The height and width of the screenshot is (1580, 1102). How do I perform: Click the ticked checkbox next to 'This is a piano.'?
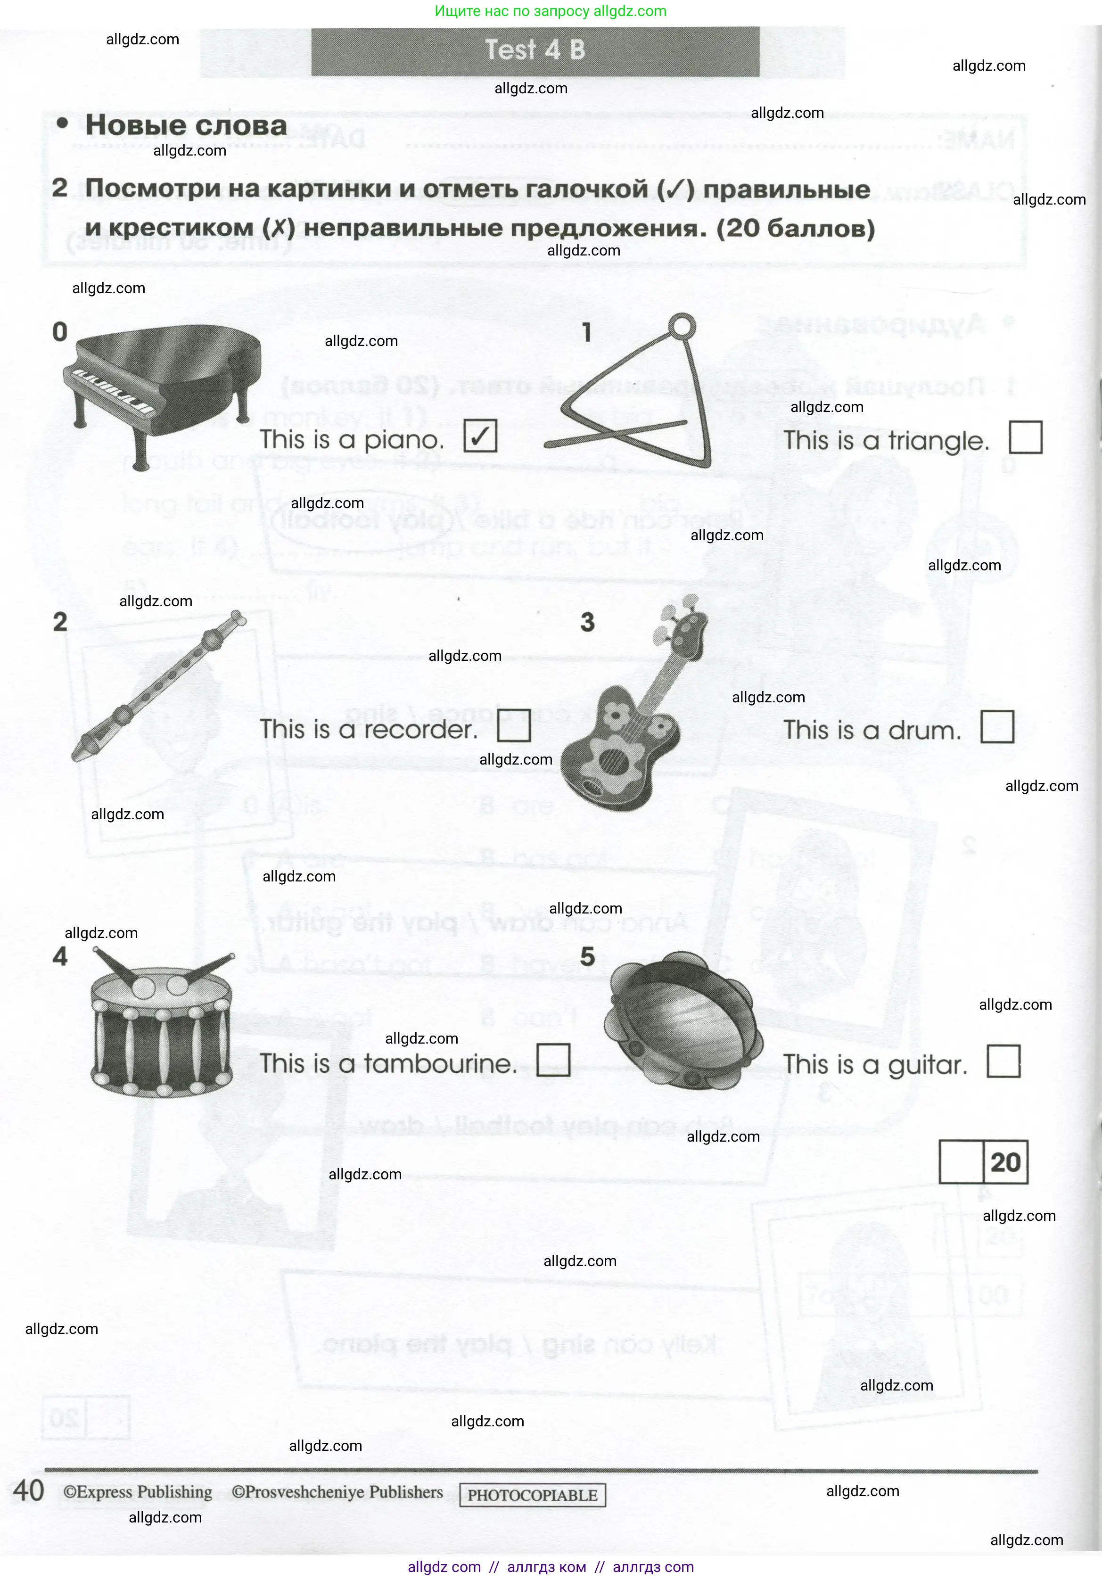coord(480,436)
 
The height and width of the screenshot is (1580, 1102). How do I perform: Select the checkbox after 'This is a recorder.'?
coord(513,726)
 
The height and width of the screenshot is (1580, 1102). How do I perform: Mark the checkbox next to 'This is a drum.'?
coord(997,727)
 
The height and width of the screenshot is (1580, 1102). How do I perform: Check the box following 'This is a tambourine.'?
coord(553,1061)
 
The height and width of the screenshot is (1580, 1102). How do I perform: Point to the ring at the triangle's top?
coord(682,326)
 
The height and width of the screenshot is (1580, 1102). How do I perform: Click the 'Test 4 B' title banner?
coord(535,50)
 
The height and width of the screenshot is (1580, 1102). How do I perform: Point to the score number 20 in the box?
coord(1005,1162)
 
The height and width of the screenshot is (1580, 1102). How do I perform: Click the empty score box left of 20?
coord(961,1162)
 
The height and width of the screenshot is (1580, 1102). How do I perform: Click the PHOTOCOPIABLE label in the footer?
coord(532,1495)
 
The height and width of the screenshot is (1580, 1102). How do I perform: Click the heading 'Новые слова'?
coord(186,125)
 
